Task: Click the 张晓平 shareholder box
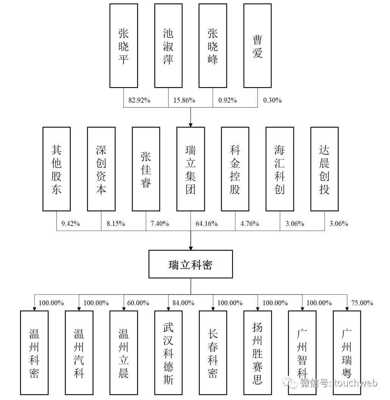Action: click(123, 46)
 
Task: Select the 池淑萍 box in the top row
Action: click(168, 46)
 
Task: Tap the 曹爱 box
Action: click(257, 46)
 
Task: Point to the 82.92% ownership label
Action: click(139, 100)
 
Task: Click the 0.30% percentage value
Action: click(272, 100)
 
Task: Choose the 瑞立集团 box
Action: click(190, 169)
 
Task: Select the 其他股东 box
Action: click(56, 169)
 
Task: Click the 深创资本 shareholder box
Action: click(101, 169)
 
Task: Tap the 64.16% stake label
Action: click(206, 223)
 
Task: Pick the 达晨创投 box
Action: click(324, 169)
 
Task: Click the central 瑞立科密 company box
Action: click(190, 264)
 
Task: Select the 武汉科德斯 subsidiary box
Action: click(168, 352)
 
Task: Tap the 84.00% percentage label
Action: click(183, 303)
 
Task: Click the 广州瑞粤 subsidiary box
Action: click(347, 352)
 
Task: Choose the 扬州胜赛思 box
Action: click(257, 352)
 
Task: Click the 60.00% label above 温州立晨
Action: click(139, 303)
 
